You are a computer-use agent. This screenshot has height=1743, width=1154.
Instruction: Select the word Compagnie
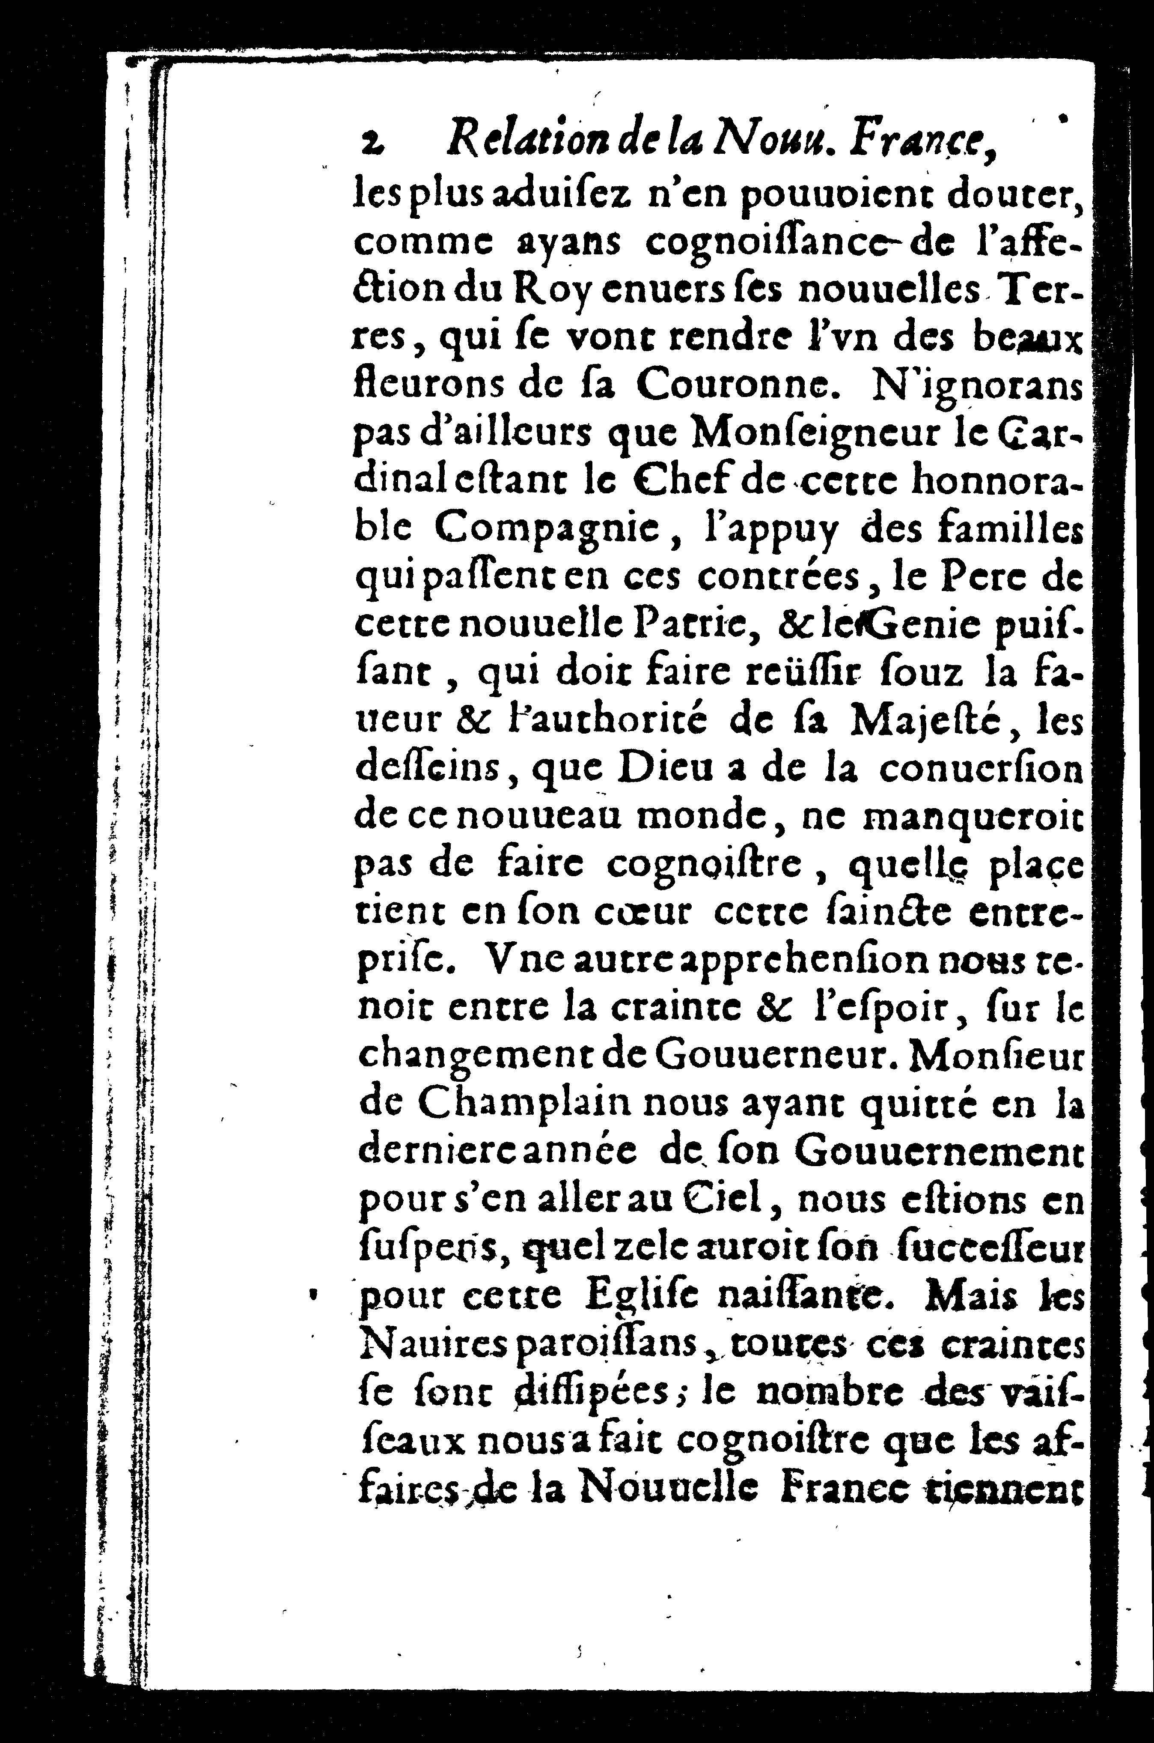tap(545, 529)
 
